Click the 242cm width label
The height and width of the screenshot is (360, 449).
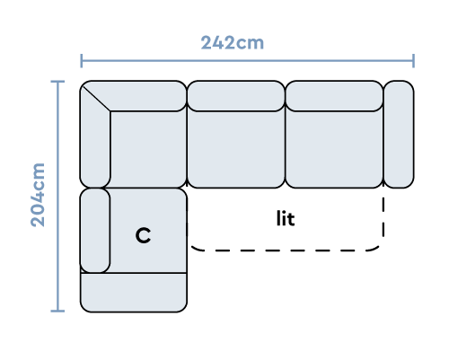pyautogui.click(x=233, y=43)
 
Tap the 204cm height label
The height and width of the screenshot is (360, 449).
pyautogui.click(x=38, y=195)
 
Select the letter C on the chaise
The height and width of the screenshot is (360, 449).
pyautogui.click(x=143, y=235)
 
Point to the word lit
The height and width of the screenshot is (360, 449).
pyautogui.click(x=286, y=218)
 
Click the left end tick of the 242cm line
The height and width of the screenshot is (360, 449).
pyautogui.click(x=82, y=61)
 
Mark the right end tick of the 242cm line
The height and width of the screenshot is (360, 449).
pyautogui.click(x=413, y=61)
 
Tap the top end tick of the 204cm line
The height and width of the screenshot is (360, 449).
pyautogui.click(x=57, y=81)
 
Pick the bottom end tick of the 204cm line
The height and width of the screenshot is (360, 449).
pyautogui.click(x=57, y=312)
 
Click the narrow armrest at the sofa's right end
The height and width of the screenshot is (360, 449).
pyautogui.click(x=399, y=135)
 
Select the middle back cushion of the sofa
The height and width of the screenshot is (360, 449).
pyautogui.click(x=236, y=96)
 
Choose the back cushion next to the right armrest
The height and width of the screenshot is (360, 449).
pyautogui.click(x=334, y=96)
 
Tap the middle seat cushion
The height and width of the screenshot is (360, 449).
pyautogui.click(x=236, y=150)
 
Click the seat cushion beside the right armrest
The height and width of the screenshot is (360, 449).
pyautogui.click(x=334, y=150)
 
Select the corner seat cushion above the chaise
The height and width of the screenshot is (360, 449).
pyautogui.click(x=148, y=150)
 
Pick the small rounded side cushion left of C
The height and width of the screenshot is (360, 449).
pyautogui.click(x=95, y=231)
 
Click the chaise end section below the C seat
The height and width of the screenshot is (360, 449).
pyautogui.click(x=134, y=293)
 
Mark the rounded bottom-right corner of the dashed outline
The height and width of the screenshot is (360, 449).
pyautogui.click(x=378, y=246)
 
